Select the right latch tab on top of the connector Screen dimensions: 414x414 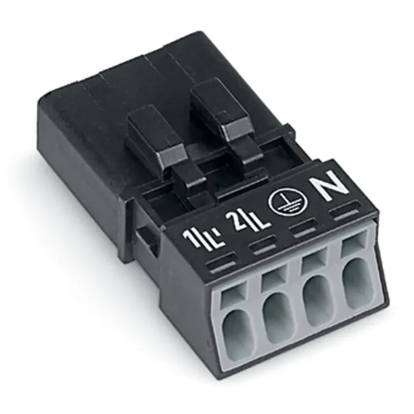(x=212, y=108)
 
